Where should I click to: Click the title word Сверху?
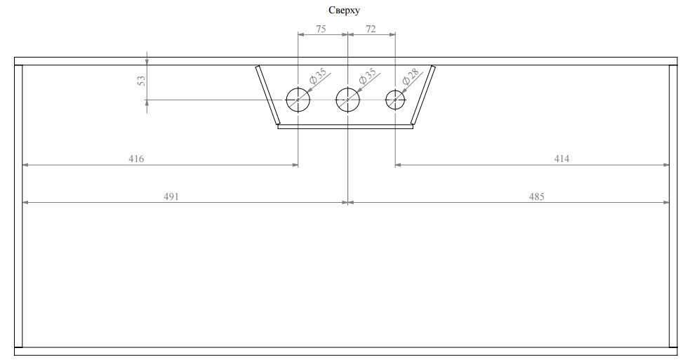[345, 10]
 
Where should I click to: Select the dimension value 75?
[320, 29]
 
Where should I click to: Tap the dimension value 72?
[371, 29]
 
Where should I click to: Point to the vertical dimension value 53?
[141, 81]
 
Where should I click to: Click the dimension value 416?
[136, 159]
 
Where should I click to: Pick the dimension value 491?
[171, 196]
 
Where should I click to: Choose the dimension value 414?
[561, 159]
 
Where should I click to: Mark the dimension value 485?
[536, 196]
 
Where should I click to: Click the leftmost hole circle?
[298, 100]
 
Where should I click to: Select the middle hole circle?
[348, 100]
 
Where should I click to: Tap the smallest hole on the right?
[396, 100]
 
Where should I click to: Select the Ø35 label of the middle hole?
[367, 76]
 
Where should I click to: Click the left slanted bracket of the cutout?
[267, 95]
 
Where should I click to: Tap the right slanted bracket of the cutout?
[424, 95]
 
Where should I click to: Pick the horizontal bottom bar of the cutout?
[345, 127]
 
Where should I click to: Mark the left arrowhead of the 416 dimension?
[26, 166]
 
